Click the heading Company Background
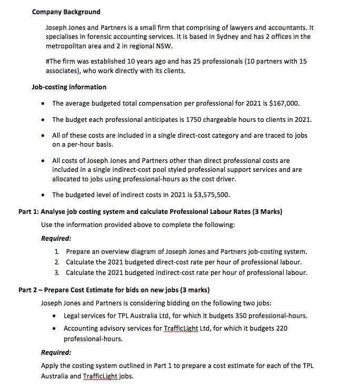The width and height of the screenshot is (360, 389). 66,12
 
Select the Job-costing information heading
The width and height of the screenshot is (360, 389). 69,87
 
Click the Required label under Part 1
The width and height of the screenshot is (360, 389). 56,238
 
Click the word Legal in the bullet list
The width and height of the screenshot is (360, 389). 73,315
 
